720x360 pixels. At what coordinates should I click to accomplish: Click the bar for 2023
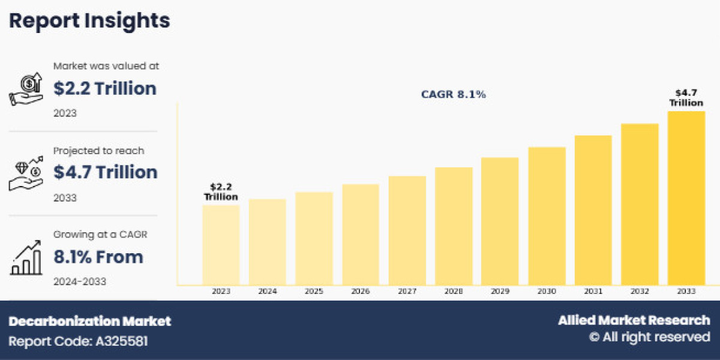[x=221, y=245]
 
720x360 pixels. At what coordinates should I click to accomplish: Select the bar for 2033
[x=686, y=198]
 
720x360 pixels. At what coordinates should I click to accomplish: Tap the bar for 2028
[x=454, y=226]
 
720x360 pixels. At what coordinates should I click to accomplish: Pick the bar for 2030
[x=547, y=216]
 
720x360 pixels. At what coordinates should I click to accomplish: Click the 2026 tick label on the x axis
[x=361, y=291]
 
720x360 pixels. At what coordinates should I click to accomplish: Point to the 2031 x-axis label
[x=593, y=291]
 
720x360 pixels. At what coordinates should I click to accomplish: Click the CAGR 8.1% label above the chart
[x=453, y=95]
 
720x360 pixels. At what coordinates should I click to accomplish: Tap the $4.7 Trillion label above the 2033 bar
[x=686, y=97]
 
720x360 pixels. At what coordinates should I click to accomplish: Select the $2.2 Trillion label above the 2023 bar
[x=221, y=192]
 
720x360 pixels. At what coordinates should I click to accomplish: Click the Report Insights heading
[x=89, y=21]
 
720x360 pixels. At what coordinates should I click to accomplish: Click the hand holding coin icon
[x=26, y=89]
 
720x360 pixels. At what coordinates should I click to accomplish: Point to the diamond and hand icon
[x=26, y=173]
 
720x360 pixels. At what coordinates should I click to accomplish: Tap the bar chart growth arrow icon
[x=26, y=257]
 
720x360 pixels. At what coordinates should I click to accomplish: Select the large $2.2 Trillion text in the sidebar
[x=105, y=89]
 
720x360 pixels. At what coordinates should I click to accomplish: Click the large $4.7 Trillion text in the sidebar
[x=105, y=172]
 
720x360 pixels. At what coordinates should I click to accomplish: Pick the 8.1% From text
[x=98, y=257]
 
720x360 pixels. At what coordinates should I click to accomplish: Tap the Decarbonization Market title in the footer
[x=90, y=321]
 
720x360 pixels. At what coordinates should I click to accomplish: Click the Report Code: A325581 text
[x=78, y=341]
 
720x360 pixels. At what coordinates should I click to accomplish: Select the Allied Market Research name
[x=634, y=320]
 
